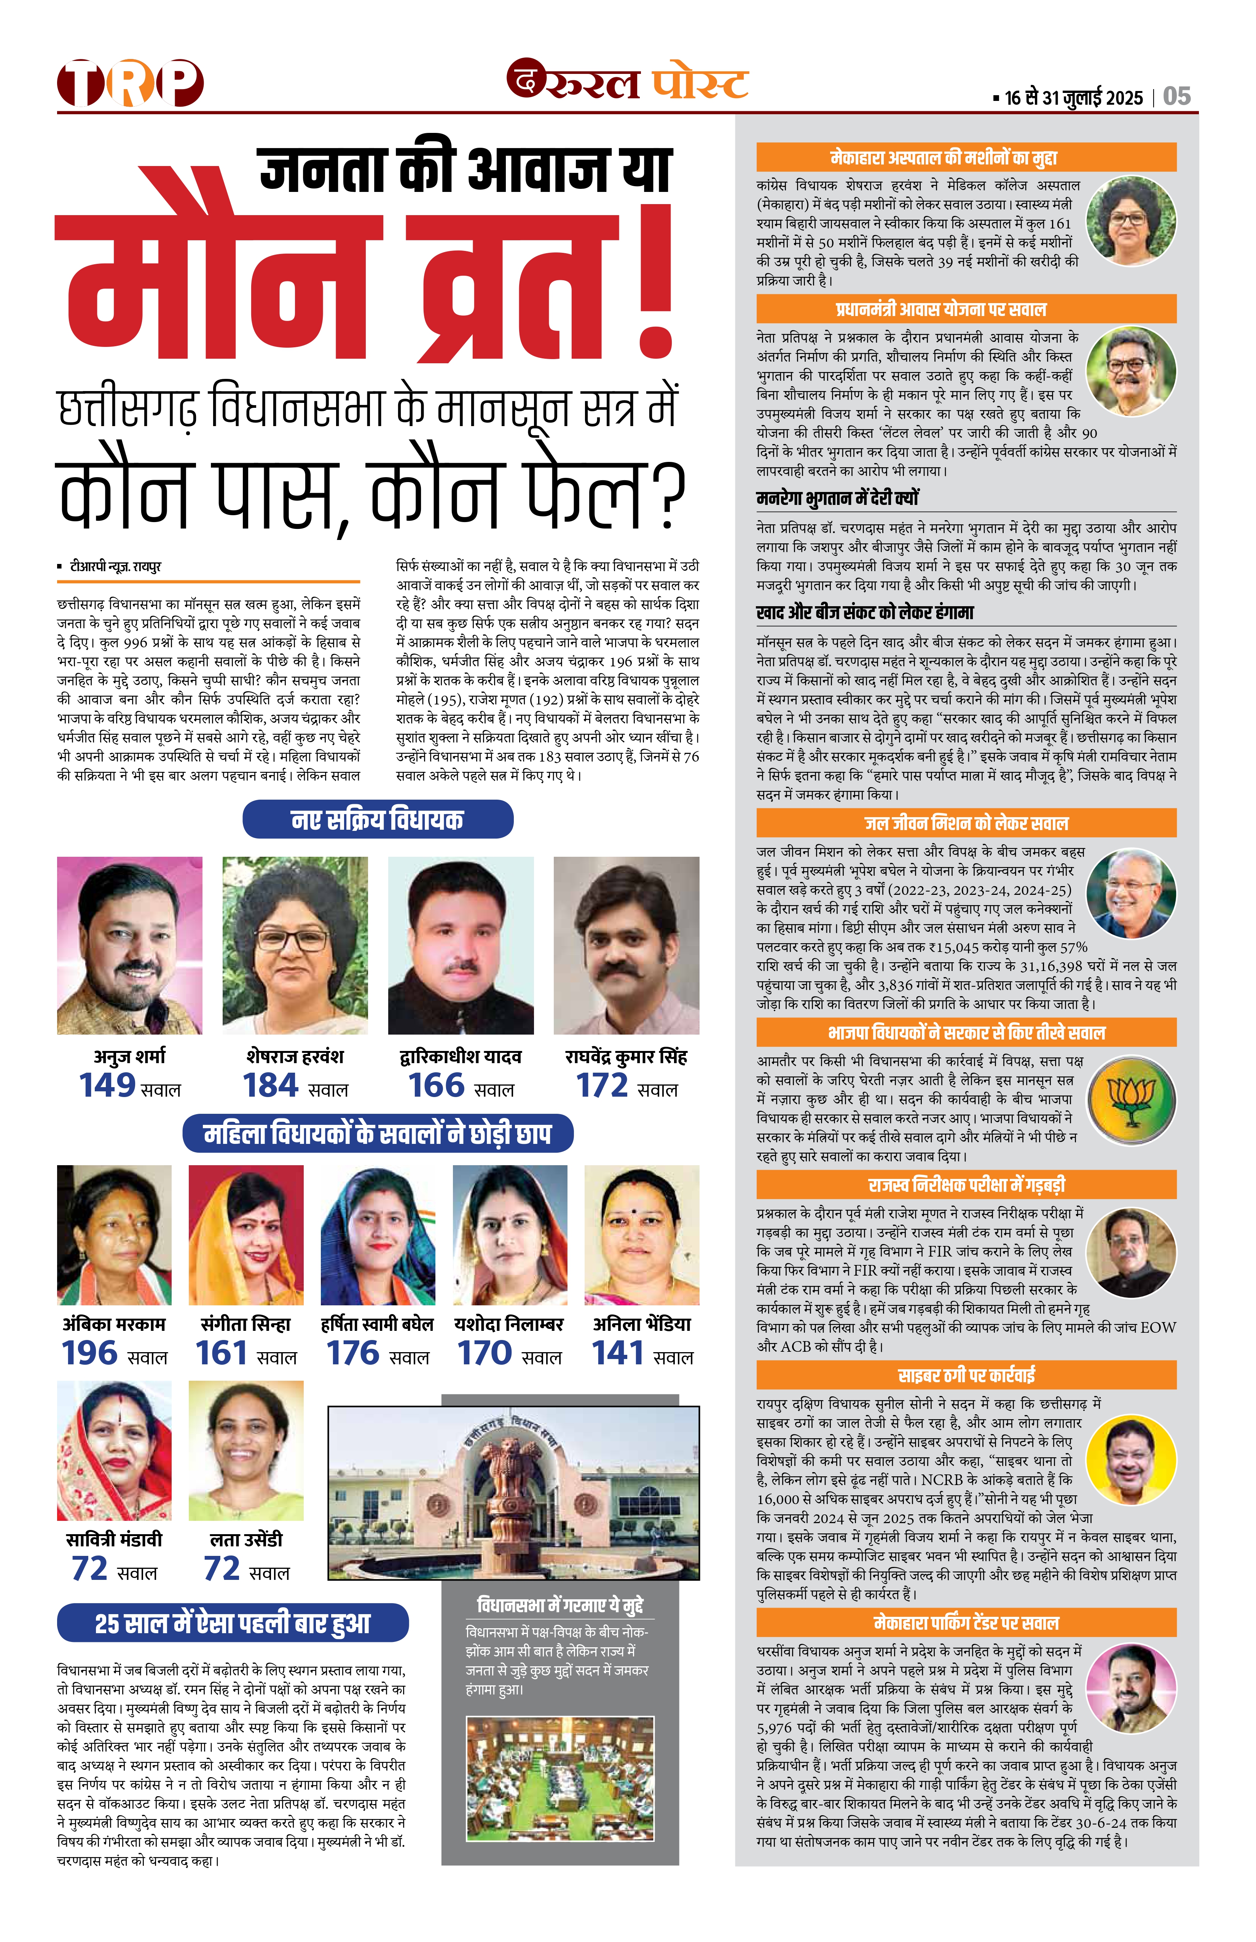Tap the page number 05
click(1177, 96)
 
